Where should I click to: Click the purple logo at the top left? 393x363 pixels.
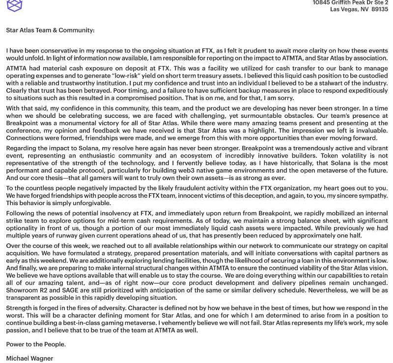point(15,5)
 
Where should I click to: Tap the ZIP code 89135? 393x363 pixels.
point(380,9)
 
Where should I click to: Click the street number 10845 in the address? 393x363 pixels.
point(323,2)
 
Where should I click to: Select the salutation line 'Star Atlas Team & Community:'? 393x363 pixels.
point(50,30)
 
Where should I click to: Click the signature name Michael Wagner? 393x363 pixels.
point(29,359)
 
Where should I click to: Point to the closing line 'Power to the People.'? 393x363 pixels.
point(36,344)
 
